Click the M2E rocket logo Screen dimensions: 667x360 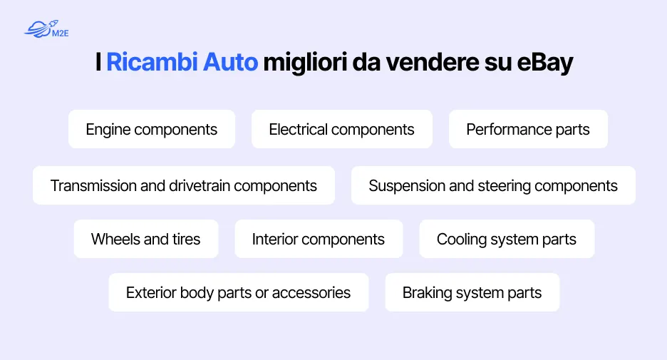tap(46, 29)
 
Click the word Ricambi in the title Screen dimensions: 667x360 tap(152, 62)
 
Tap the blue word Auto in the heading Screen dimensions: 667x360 tap(230, 62)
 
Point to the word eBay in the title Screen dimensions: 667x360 tap(544, 63)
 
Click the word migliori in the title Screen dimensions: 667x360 tap(305, 63)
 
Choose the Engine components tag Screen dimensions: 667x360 tap(152, 129)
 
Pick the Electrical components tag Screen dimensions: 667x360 tap(342, 129)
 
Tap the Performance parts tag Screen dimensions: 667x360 tap(528, 129)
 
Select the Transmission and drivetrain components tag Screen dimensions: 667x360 tap(184, 185)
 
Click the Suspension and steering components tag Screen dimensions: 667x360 tap(493, 185)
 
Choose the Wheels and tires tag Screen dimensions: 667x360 tap(146, 239)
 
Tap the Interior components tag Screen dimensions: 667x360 tap(319, 239)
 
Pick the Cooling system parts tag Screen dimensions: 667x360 tap(507, 239)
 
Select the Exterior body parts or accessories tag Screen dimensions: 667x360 tap(239, 292)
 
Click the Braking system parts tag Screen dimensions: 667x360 tap(472, 292)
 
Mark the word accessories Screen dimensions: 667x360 tap(311, 293)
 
